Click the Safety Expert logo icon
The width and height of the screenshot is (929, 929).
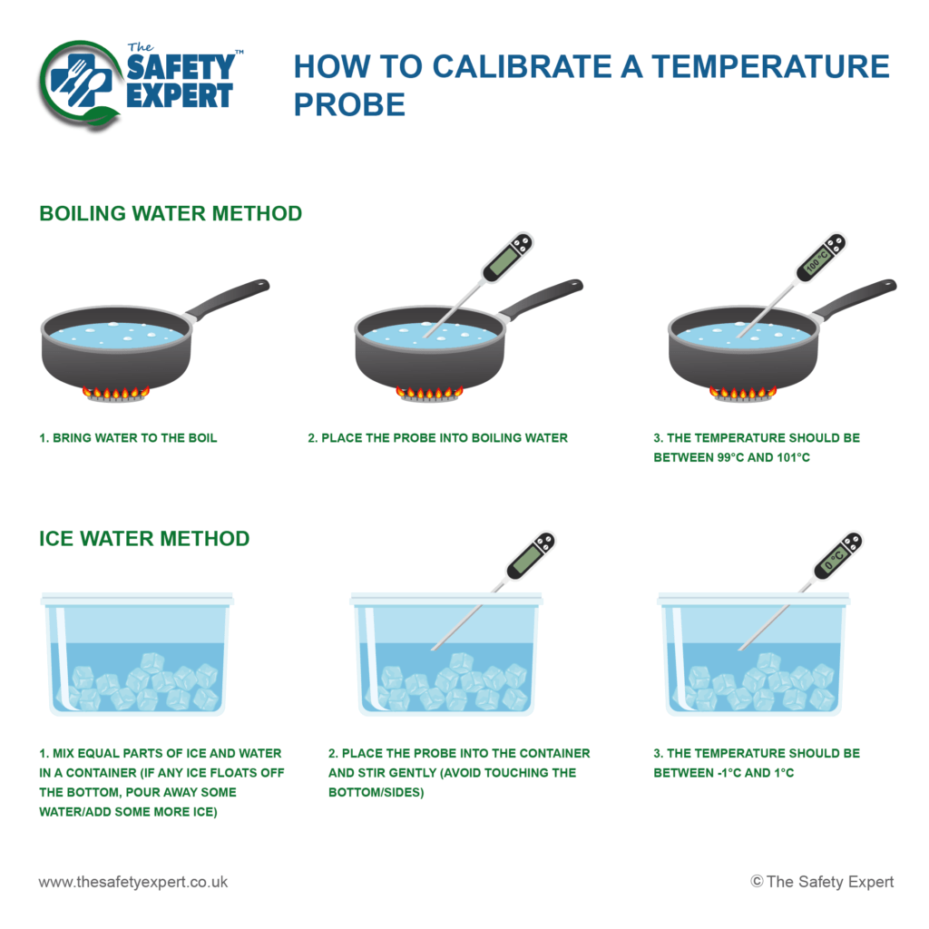82,83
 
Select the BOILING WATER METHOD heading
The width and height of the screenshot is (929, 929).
171,213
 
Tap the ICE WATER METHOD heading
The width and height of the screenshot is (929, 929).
144,538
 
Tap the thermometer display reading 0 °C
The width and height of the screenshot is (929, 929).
834,559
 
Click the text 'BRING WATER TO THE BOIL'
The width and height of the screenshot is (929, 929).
135,438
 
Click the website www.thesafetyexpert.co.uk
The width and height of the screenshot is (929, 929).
133,881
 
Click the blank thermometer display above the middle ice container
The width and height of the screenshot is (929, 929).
524,560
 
